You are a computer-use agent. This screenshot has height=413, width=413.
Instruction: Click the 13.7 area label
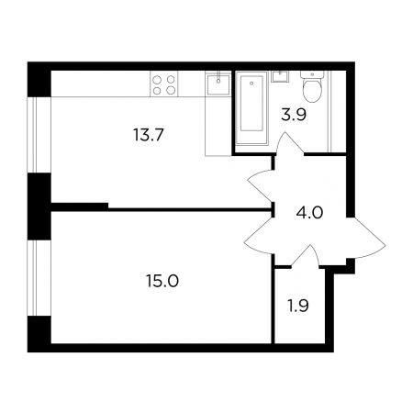click(x=149, y=135)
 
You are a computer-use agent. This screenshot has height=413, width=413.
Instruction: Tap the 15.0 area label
click(x=162, y=281)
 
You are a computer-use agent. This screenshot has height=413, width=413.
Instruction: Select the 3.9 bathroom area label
click(x=294, y=115)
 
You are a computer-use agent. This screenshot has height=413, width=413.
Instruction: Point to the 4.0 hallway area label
click(x=309, y=212)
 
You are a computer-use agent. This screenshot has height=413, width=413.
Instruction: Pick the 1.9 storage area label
click(x=298, y=306)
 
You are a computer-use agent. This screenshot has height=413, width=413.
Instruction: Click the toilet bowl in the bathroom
click(x=312, y=90)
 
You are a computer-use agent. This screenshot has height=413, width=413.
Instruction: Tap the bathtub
click(x=251, y=107)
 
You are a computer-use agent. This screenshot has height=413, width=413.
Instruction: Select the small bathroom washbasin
click(x=280, y=76)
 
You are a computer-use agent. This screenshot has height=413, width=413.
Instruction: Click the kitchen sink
click(x=218, y=85)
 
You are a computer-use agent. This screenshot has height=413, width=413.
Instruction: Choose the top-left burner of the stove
click(x=157, y=80)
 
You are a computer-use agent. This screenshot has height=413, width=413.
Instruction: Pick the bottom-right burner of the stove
click(x=171, y=90)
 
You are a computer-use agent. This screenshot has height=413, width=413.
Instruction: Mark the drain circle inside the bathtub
click(x=251, y=83)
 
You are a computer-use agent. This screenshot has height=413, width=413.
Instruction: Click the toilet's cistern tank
click(x=312, y=74)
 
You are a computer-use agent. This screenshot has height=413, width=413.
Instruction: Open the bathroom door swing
click(x=289, y=143)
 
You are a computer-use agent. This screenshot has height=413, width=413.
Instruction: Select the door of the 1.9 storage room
click(x=306, y=256)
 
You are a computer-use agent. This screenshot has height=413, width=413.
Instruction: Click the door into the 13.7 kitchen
click(x=260, y=185)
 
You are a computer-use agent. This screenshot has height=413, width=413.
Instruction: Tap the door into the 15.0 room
click(x=259, y=236)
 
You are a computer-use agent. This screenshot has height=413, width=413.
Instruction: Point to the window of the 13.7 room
click(x=32, y=135)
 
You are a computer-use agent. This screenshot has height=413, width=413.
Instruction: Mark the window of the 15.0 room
click(x=32, y=278)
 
